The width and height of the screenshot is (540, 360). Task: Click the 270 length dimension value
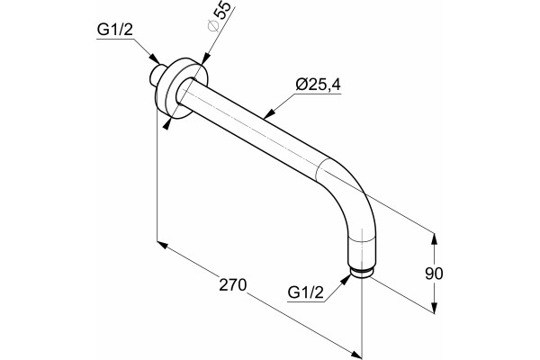pos(233,285)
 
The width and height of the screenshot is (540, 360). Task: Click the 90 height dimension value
pos(434,274)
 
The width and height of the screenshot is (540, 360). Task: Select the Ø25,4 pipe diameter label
pos(319,85)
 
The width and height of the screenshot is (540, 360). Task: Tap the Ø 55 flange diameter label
pos(220,16)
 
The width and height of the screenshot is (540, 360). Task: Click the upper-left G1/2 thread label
pos(114,30)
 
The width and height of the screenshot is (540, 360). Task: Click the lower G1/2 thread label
pos(306,292)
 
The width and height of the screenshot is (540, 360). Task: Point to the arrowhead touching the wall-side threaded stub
pos(155,58)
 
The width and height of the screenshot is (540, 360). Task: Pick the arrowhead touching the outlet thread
pos(346,279)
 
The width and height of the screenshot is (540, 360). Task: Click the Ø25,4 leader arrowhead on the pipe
pos(270,113)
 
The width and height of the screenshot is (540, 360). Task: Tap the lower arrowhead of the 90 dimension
pos(435,308)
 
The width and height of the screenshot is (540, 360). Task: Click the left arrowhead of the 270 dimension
pos(163,245)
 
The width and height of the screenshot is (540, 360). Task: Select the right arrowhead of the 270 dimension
pos(356,354)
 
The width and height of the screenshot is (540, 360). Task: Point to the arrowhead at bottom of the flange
pos(167,123)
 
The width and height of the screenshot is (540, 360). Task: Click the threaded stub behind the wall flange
pos(157,75)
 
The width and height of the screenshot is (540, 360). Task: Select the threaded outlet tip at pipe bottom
pos(361,272)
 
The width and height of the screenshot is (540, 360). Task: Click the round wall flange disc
pos(182,88)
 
